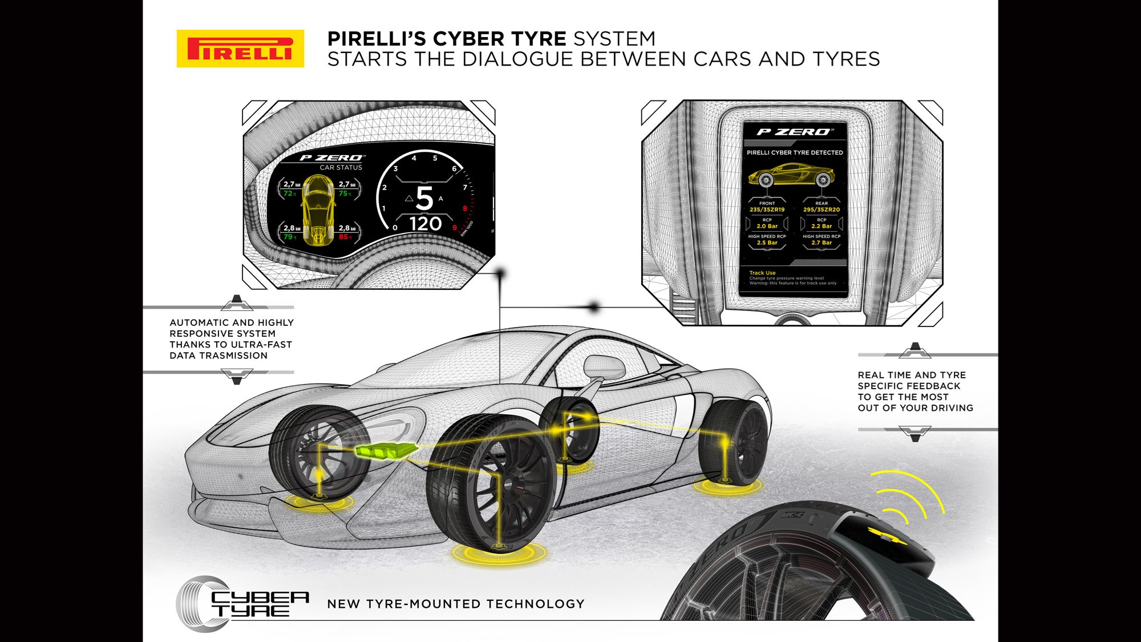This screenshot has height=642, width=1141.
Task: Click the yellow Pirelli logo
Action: pyautogui.click(x=240, y=49)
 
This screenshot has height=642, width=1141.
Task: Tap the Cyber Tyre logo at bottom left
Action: pyautogui.click(x=242, y=604)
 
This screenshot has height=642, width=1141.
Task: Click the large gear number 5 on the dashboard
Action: pyautogui.click(x=424, y=199)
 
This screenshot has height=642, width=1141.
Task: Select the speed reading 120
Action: pyautogui.click(x=426, y=224)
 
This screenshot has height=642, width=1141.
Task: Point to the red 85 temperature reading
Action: pyautogui.click(x=344, y=237)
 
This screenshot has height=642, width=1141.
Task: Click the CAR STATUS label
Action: pyautogui.click(x=341, y=168)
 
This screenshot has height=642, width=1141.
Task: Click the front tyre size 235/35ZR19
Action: pyautogui.click(x=767, y=210)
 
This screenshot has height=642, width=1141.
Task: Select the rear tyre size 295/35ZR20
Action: pyautogui.click(x=822, y=210)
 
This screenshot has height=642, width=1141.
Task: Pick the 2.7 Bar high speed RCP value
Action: pyautogui.click(x=822, y=243)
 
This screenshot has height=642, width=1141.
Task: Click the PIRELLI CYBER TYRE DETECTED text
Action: pyautogui.click(x=795, y=153)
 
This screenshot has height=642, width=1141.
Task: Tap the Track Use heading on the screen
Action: pyautogui.click(x=762, y=273)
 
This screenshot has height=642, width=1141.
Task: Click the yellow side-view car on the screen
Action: pyautogui.click(x=791, y=173)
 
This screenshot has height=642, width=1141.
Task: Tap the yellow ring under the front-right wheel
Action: pyautogui.click(x=499, y=552)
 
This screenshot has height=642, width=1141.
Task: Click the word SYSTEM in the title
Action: pyautogui.click(x=614, y=39)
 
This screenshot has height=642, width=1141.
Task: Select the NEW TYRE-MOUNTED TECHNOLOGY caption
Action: pyautogui.click(x=456, y=604)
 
